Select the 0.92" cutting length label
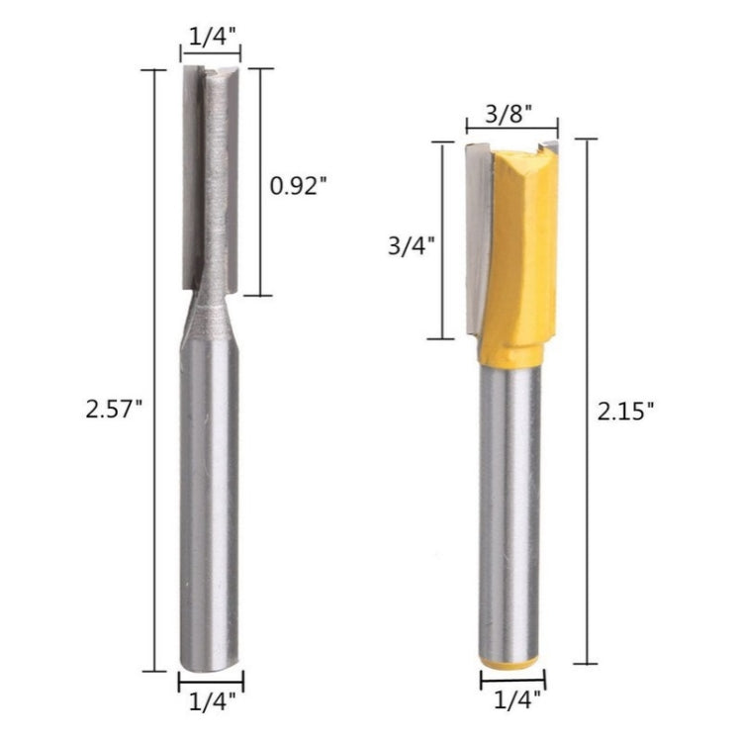coord(298,184)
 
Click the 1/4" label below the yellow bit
coord(512,700)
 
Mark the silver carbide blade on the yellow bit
coord(476,228)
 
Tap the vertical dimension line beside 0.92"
coord(259,182)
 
